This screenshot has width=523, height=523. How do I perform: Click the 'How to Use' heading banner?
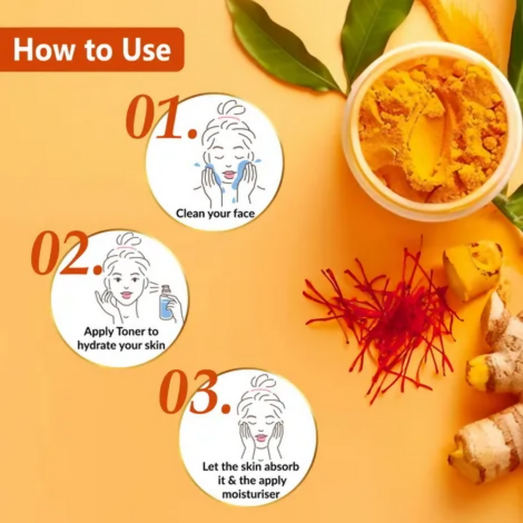[92, 50]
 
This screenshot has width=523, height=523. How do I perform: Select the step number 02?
[67, 252]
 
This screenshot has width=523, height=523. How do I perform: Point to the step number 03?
[194, 391]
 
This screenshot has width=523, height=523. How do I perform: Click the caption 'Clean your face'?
[216, 214]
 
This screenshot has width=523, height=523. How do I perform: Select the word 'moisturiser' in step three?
[251, 494]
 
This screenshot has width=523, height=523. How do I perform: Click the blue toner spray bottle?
[166, 303]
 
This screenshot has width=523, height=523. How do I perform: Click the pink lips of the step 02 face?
[126, 295]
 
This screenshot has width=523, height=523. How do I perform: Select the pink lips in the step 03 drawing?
[261, 437]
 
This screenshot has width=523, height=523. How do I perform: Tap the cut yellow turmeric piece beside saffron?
[472, 269]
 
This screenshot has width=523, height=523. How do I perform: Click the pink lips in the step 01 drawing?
[229, 175]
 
